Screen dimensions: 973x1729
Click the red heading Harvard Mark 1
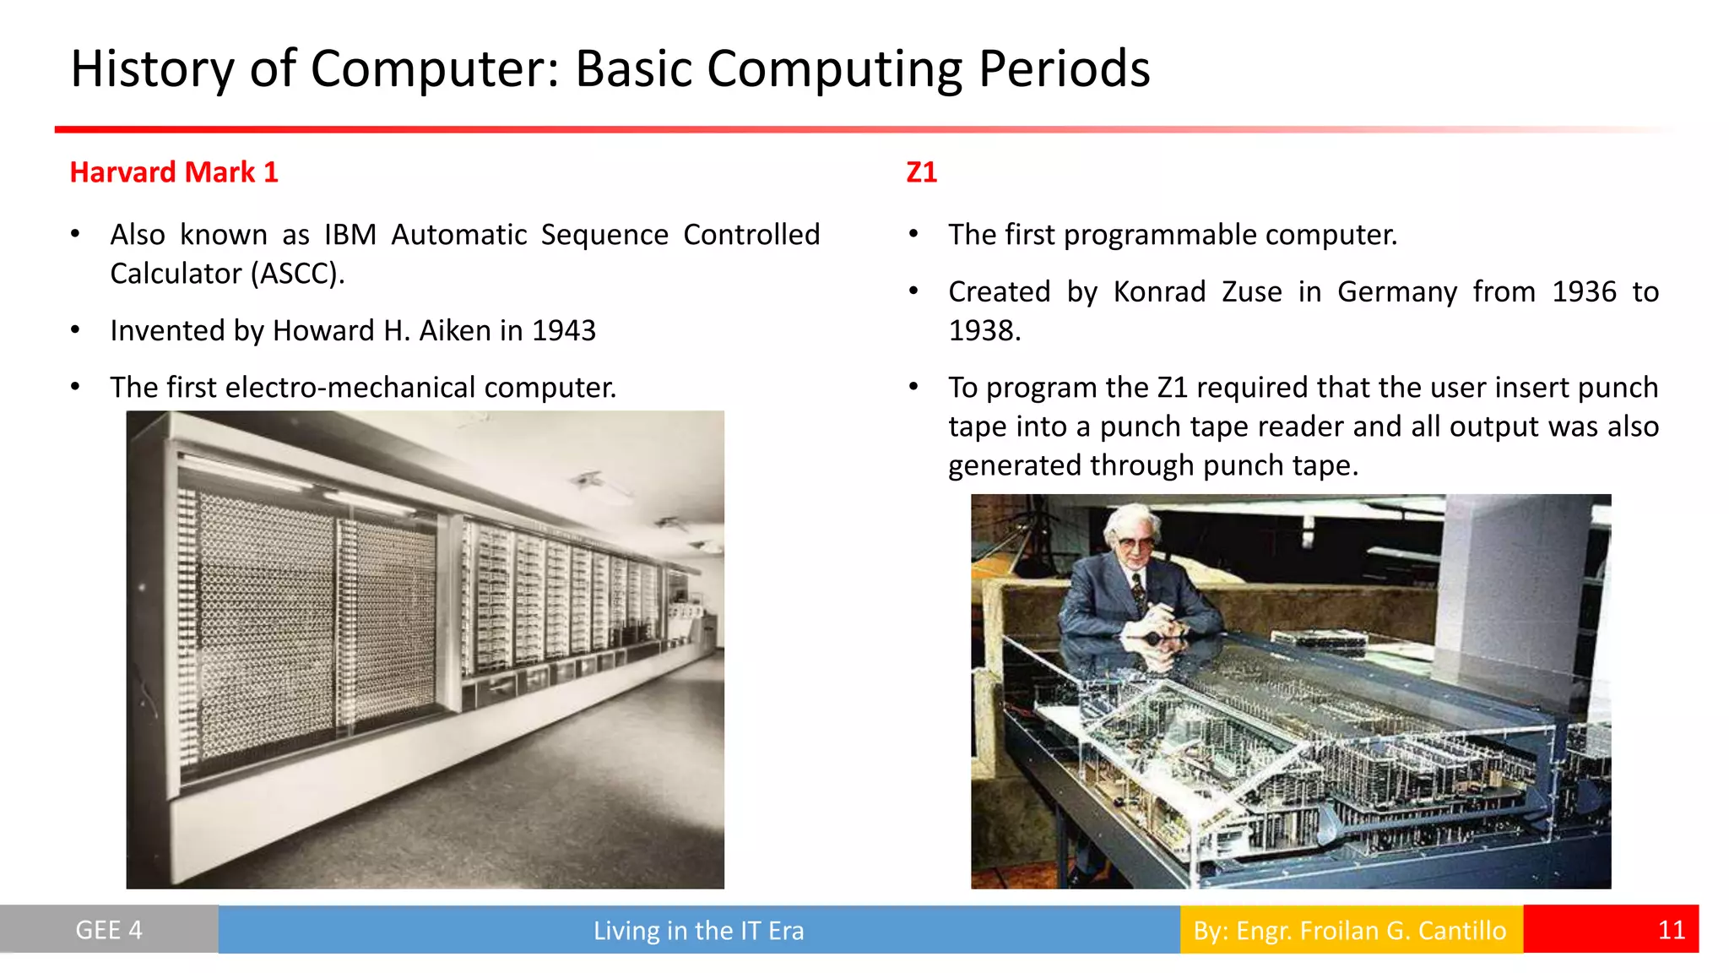173,172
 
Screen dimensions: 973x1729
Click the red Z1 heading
921,172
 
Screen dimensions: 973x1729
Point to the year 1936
1584,291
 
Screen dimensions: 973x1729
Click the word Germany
1396,291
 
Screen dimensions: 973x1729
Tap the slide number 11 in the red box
1671,930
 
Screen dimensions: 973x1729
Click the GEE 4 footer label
109,930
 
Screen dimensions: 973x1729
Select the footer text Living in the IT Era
698,930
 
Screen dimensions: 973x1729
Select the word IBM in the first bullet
350,235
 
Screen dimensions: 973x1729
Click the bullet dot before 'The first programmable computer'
913,235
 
